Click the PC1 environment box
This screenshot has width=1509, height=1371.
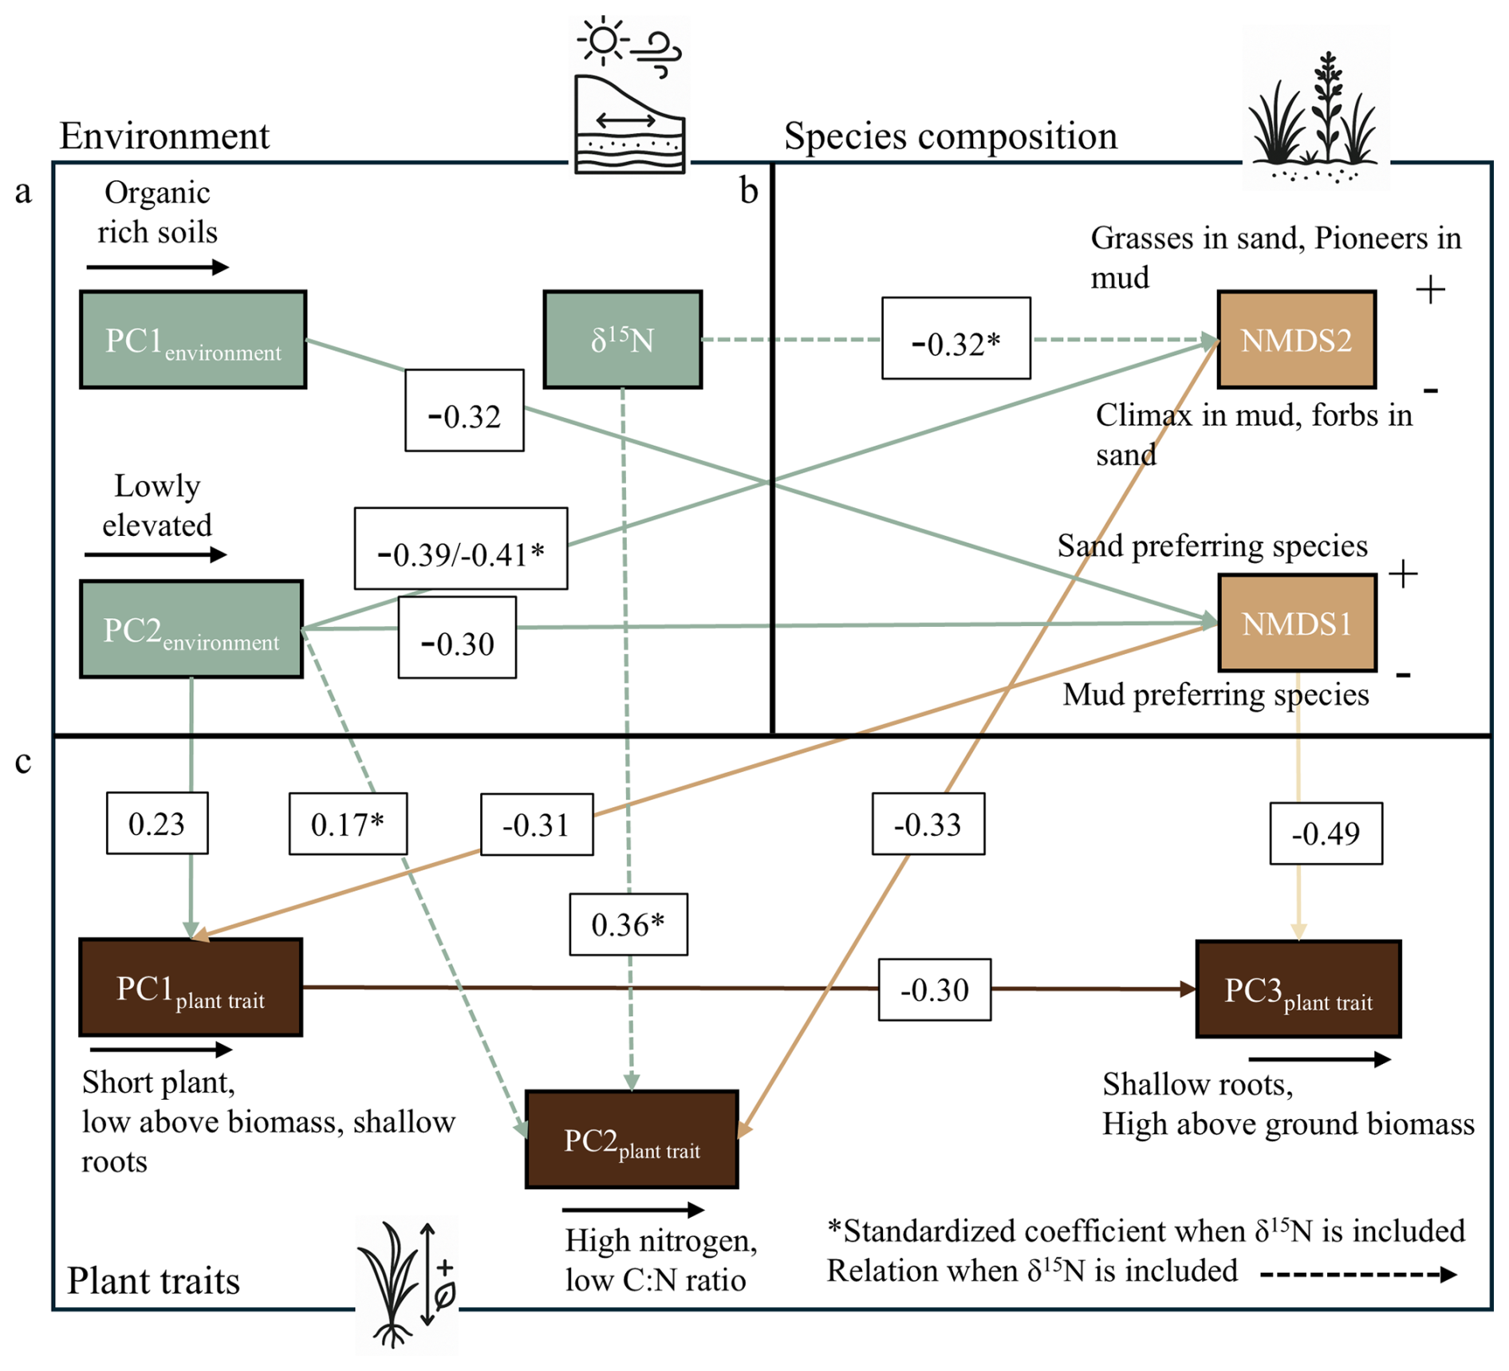click(x=193, y=340)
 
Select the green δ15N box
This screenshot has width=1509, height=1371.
click(x=622, y=340)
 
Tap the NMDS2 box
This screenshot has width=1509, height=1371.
click(x=1296, y=340)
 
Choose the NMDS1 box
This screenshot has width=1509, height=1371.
click(x=1297, y=623)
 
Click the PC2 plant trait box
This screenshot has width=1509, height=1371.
click(x=632, y=1140)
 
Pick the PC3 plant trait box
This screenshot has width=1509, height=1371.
click(x=1298, y=989)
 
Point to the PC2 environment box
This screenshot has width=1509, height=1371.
click(x=191, y=629)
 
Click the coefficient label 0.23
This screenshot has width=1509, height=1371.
click(x=157, y=823)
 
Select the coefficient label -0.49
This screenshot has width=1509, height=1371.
click(x=1326, y=833)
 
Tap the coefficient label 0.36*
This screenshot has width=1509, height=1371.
click(x=628, y=924)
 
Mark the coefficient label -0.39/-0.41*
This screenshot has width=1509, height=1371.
click(x=461, y=549)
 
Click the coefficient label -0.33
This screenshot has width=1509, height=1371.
click(x=928, y=824)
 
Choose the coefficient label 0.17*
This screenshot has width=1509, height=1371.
click(x=348, y=824)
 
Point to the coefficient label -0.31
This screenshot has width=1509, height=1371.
click(x=536, y=824)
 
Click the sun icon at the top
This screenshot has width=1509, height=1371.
click(x=604, y=40)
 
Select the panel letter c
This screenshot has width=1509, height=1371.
click(x=24, y=762)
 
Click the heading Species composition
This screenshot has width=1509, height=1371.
click(x=950, y=136)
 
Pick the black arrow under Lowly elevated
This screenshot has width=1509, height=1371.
click(x=156, y=555)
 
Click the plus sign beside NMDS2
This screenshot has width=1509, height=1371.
click(x=1430, y=289)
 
